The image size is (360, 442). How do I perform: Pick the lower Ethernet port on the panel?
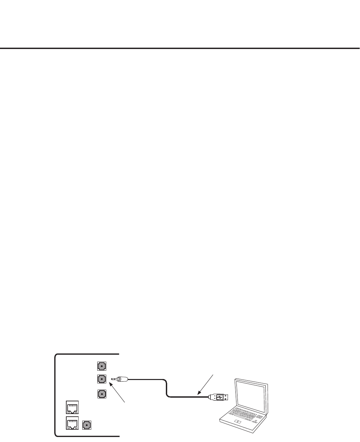(72, 422)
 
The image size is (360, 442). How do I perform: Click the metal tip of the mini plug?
(114, 379)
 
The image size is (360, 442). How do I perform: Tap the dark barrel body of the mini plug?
(124, 379)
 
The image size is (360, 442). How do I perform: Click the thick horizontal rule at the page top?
(180, 48)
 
